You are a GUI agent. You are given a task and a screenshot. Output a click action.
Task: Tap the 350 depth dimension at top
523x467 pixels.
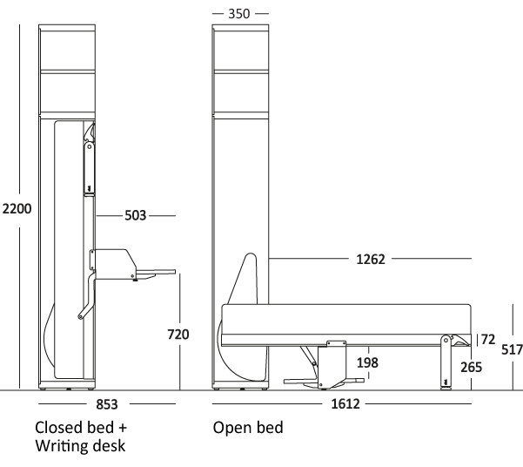(240, 15)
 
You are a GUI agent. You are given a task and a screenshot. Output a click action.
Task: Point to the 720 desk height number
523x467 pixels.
(177, 334)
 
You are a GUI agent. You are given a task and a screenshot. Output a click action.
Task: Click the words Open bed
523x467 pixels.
(248, 429)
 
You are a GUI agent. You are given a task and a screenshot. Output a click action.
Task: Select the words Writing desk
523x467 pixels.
(81, 447)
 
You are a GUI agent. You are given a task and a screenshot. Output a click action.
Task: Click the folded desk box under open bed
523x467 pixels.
(332, 362)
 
